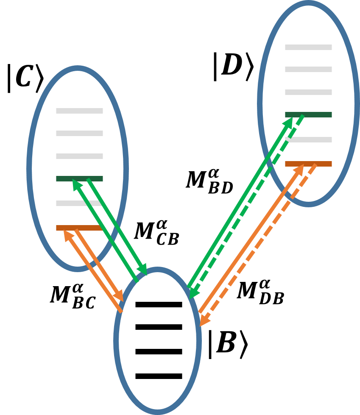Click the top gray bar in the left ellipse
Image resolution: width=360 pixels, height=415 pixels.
pos(79,111)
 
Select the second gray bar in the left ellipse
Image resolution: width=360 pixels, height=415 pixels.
pos(79,134)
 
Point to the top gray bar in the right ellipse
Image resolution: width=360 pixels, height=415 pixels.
pos(308,47)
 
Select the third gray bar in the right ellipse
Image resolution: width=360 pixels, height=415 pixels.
pos(308,92)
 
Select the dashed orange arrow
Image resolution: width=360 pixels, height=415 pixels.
pos(259,246)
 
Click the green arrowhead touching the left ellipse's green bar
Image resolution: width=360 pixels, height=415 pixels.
pos(75,184)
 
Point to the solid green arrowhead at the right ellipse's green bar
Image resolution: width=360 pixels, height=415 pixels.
pos(290,121)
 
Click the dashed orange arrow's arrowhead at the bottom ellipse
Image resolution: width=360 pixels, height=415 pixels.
pos(203,322)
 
